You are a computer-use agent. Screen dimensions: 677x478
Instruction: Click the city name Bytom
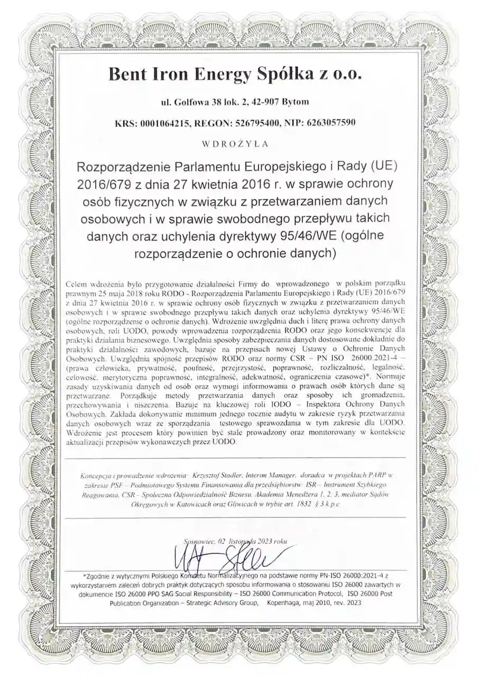(x=297, y=102)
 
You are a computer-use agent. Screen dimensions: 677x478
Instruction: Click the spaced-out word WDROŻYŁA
(x=235, y=143)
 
